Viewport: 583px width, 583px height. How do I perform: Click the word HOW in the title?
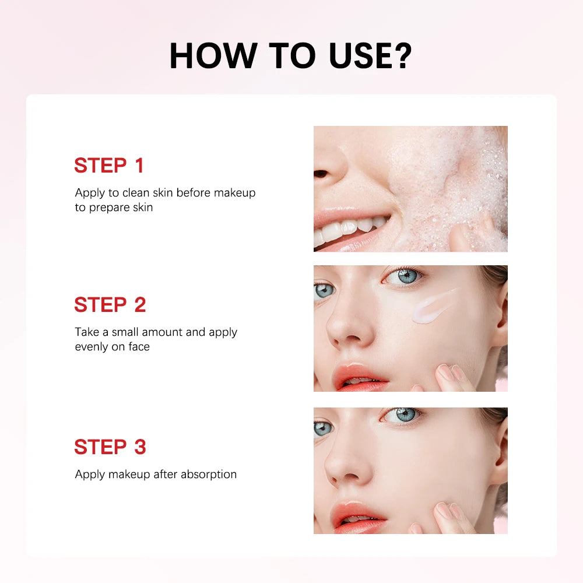[213, 55]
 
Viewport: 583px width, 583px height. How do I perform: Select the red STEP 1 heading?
[108, 166]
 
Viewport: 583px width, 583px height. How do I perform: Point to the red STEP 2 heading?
[110, 305]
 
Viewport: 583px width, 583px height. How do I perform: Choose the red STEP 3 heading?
[110, 447]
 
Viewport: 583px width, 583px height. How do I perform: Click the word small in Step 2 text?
[125, 332]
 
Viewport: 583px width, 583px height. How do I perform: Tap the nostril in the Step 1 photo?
[321, 174]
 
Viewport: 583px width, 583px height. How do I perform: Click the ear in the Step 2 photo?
[500, 312]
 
